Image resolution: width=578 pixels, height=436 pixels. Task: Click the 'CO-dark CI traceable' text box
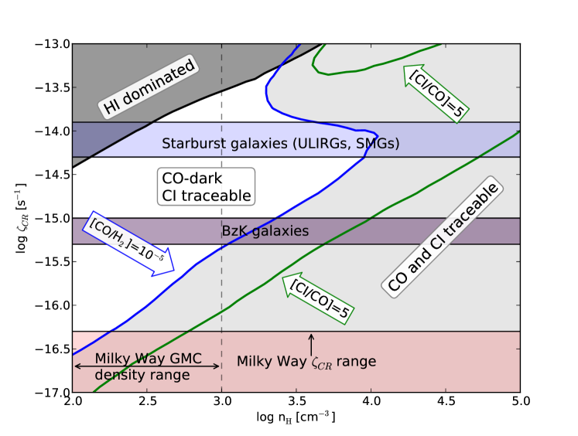point(205,186)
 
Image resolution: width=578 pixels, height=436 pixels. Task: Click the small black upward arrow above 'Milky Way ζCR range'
point(311,342)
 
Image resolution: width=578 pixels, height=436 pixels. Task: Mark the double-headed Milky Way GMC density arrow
point(147,365)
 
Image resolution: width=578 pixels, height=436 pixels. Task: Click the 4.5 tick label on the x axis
point(446,402)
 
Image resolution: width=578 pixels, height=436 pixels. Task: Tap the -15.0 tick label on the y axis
point(52,218)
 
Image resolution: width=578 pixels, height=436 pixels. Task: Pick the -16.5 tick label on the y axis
point(52,349)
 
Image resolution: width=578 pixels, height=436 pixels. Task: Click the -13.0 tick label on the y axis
point(52,43)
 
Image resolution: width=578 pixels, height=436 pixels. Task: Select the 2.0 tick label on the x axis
point(73,402)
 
